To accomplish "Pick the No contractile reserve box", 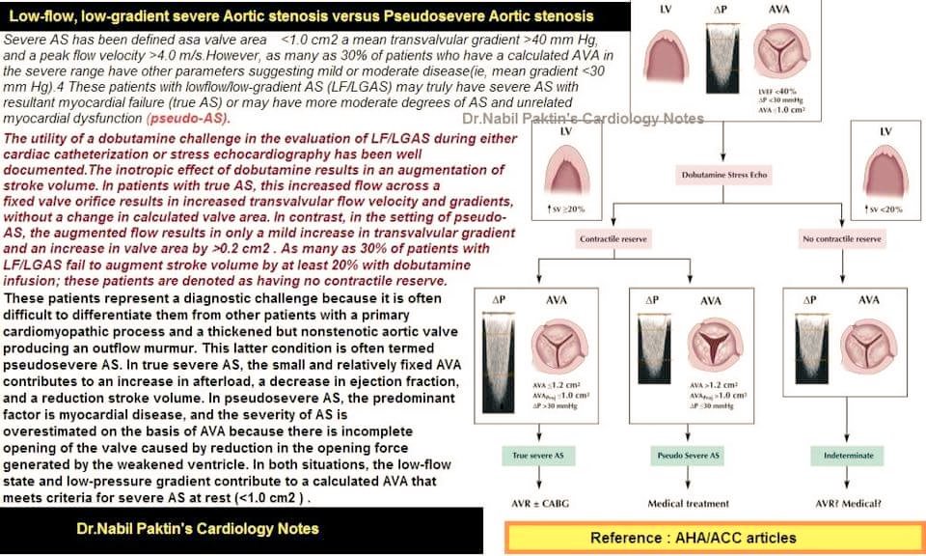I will pyautogui.click(x=841, y=238).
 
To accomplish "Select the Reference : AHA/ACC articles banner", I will pyautogui.click(x=714, y=538).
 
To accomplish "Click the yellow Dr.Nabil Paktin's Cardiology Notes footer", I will pyautogui.click(x=198, y=528).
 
